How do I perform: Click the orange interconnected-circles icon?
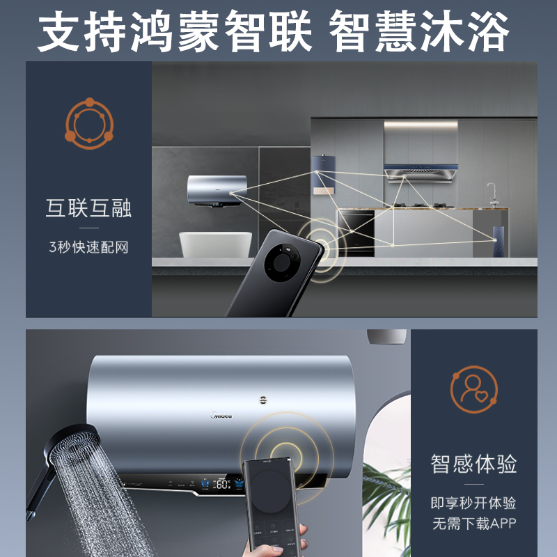[88, 124]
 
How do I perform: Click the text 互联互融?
[88, 208]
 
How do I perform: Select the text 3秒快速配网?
[88, 247]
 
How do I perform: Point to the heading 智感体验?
[473, 464]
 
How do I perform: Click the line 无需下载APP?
[473, 524]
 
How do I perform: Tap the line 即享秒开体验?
[473, 503]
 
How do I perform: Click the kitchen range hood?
[421, 171]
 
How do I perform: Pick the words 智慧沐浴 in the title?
[421, 31]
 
